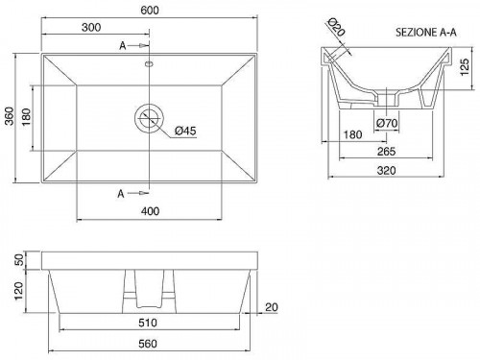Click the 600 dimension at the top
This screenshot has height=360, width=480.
point(150,11)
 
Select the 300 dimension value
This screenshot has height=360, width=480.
point(91,28)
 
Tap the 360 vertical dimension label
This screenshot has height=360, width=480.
point(10,116)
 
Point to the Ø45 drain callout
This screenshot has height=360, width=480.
point(185,131)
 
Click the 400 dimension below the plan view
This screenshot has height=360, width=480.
point(150,211)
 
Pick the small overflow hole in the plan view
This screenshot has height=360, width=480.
point(149,64)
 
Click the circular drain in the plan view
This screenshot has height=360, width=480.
point(149,118)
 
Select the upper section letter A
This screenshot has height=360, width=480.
point(123,46)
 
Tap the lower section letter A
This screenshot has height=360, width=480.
point(121,194)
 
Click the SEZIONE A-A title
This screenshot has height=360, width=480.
point(426,33)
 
